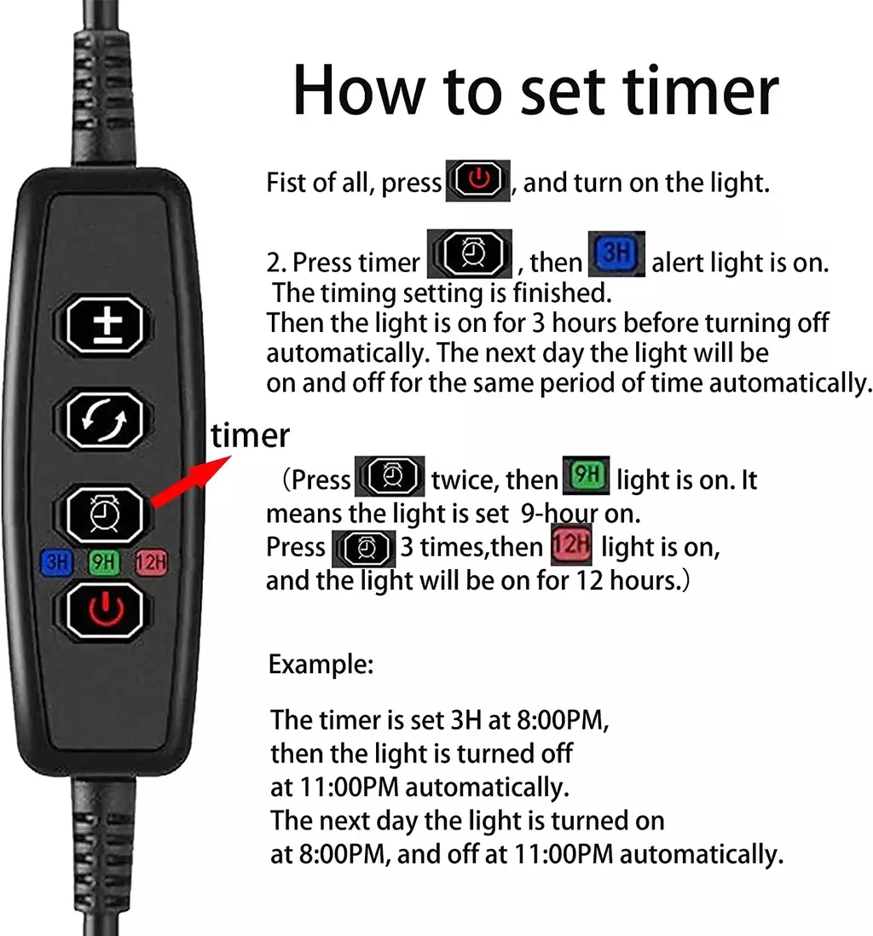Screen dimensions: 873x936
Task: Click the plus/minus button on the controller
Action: click(x=105, y=325)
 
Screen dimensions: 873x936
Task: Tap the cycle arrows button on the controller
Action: click(x=105, y=421)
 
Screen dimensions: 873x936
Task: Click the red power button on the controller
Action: click(x=105, y=611)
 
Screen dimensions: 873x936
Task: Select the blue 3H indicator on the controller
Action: click(x=57, y=562)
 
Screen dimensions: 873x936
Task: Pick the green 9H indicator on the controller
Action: click(x=104, y=562)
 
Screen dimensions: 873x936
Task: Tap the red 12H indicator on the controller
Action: click(x=151, y=562)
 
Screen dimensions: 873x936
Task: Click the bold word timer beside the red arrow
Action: click(x=250, y=435)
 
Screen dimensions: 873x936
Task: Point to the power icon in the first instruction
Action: click(x=478, y=180)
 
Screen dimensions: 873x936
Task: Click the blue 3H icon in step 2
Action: click(x=616, y=253)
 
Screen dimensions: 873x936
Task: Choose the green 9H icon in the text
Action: click(x=587, y=476)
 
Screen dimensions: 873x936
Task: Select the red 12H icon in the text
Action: click(x=571, y=544)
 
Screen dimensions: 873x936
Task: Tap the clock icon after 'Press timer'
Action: click(x=470, y=253)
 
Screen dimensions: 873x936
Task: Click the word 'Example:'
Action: click(x=321, y=665)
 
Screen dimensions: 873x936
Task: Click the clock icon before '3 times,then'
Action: click(x=363, y=549)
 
